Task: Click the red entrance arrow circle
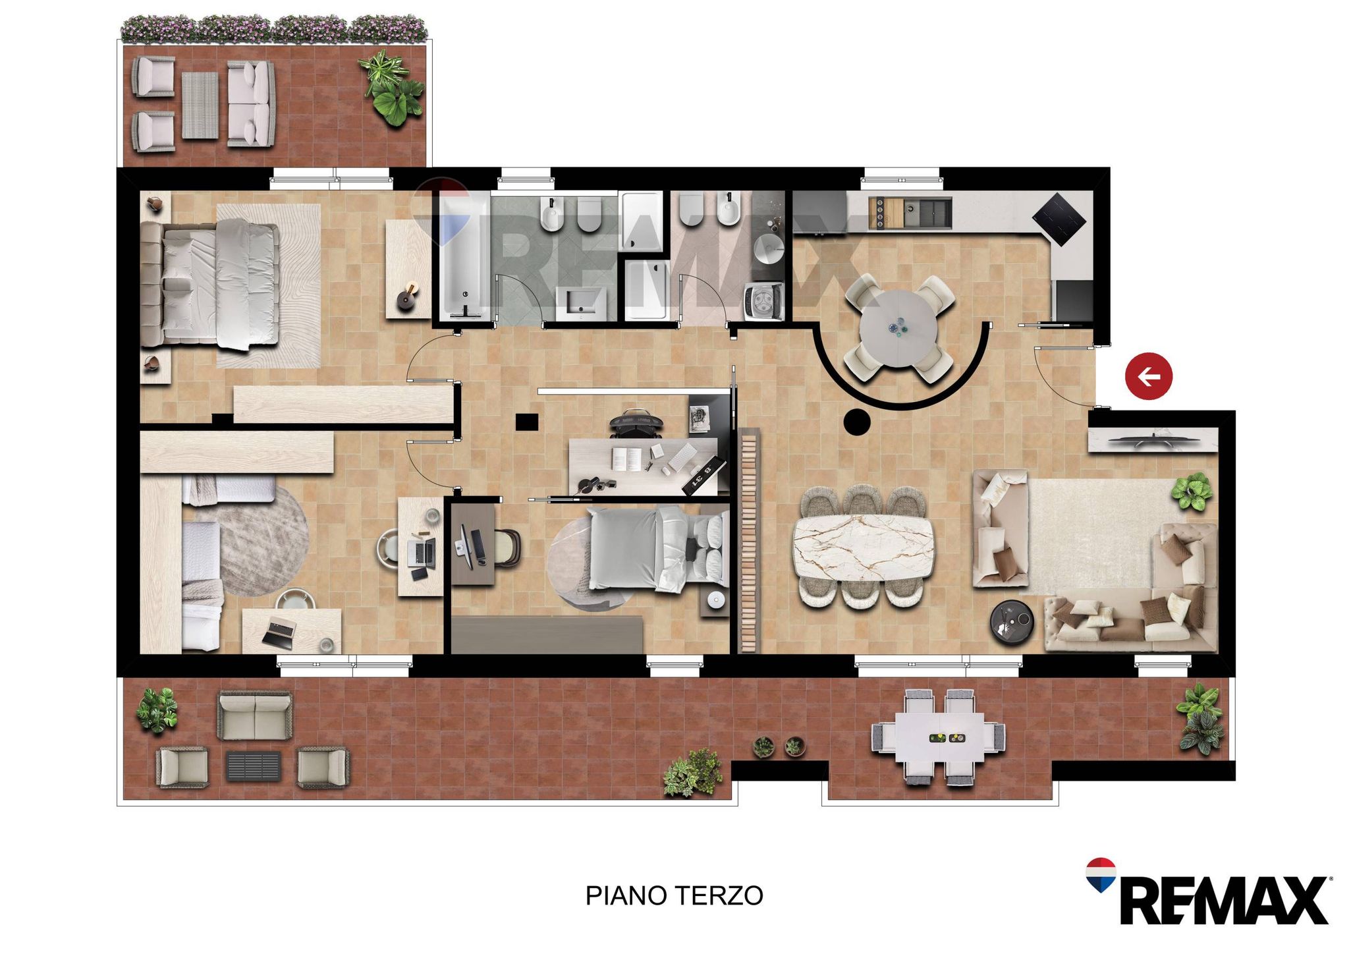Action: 1149,377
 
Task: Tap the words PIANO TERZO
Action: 674,895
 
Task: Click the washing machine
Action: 763,301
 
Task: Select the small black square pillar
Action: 526,422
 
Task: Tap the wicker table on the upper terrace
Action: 200,105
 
